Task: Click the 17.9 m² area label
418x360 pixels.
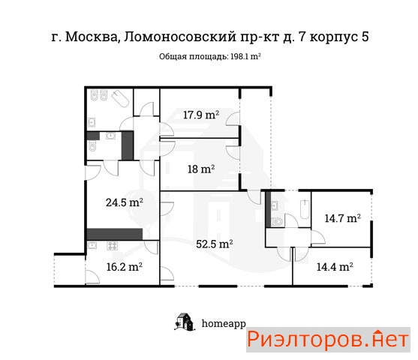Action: coord(201,115)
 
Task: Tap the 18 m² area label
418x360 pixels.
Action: coord(201,169)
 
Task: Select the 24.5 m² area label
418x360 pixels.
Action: coord(125,202)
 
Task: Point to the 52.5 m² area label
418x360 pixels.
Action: coord(215,244)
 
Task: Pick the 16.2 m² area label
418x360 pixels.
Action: coord(125,267)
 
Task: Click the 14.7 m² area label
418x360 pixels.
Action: coord(343,218)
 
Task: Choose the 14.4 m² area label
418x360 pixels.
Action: coord(335,266)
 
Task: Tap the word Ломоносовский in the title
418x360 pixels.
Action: coord(180,37)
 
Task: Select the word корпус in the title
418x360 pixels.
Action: coord(334,37)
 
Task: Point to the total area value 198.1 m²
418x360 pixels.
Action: coord(245,56)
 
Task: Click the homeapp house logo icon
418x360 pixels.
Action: coord(185,322)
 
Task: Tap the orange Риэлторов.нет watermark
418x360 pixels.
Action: coord(328,339)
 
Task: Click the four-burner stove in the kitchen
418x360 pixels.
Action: coord(113,246)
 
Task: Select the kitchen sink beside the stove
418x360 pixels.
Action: coord(92,245)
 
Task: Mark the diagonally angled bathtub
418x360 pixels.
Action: coord(120,99)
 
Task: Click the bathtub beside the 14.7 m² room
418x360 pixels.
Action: coord(305,209)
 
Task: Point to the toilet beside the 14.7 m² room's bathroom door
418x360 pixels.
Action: coord(277,222)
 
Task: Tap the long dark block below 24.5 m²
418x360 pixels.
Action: coord(115,234)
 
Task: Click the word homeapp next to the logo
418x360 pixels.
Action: coord(224,324)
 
